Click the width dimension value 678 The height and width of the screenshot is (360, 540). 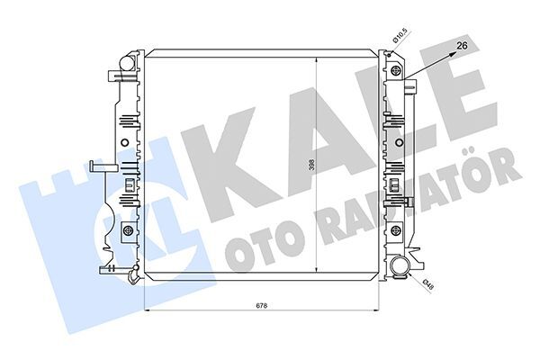pos(261,305)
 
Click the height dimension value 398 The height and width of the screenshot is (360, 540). pos(310,166)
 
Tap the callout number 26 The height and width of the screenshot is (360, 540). pos(463,43)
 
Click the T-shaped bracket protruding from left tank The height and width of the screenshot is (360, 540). pos(99,166)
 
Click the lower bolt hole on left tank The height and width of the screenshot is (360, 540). pos(128,232)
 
